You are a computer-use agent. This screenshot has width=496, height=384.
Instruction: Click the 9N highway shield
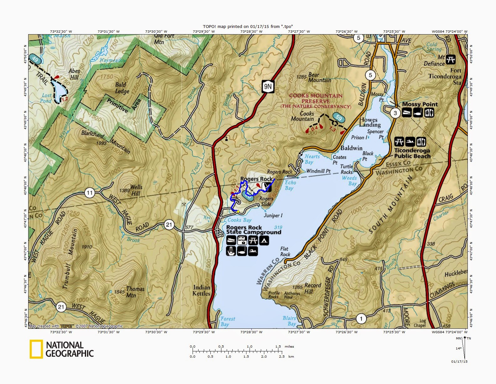click(x=267, y=86)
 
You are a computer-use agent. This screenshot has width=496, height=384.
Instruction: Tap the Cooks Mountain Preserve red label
click(x=315, y=101)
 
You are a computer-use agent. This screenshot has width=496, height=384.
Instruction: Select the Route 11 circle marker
click(x=90, y=193)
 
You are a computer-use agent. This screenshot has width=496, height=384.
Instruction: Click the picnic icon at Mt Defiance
click(x=451, y=59)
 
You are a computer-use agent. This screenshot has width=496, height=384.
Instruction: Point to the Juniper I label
click(x=273, y=216)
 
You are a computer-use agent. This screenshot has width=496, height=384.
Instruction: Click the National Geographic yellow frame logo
click(x=36, y=349)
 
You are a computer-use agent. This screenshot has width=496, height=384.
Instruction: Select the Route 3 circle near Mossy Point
click(x=395, y=113)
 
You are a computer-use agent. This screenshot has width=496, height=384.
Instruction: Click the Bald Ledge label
click(x=121, y=88)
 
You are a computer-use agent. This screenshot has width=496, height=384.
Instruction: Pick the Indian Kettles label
click(x=202, y=291)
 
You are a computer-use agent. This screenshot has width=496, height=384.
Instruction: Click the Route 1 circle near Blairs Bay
click(x=361, y=319)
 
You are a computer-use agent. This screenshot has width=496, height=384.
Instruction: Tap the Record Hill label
click(x=313, y=288)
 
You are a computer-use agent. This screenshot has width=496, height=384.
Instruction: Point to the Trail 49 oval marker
click(x=35, y=59)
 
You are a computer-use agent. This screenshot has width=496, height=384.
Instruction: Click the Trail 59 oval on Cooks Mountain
click(x=338, y=117)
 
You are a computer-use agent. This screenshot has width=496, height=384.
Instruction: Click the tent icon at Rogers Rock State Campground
click(x=264, y=241)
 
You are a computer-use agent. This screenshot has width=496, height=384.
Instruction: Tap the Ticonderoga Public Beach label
click(x=412, y=153)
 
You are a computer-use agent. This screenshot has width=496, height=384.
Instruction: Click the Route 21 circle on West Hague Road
click(x=169, y=224)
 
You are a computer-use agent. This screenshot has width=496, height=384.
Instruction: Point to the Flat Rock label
click(x=285, y=252)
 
